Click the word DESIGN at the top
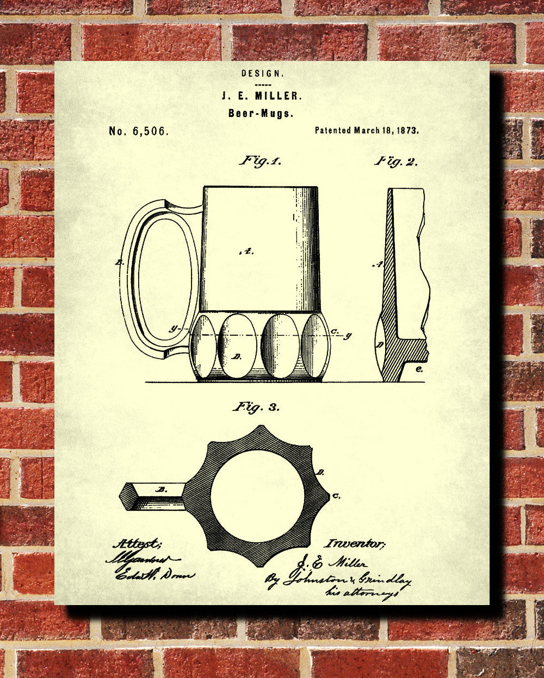click(x=262, y=73)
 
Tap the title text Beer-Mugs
click(x=261, y=113)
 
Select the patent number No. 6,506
click(x=139, y=131)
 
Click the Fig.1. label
click(x=261, y=161)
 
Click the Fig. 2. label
click(x=395, y=161)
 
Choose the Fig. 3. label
click(x=256, y=406)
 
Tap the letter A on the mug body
click(x=246, y=251)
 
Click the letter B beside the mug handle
click(x=119, y=262)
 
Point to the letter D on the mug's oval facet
click(x=237, y=356)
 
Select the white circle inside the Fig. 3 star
click(x=257, y=496)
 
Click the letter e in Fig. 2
click(x=419, y=369)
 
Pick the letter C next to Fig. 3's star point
click(x=337, y=496)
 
